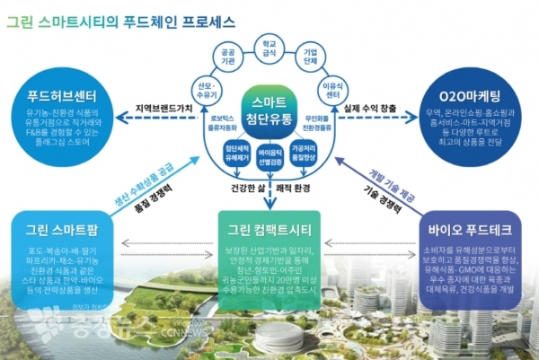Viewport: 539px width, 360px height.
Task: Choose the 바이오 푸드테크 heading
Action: [x=473, y=220]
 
